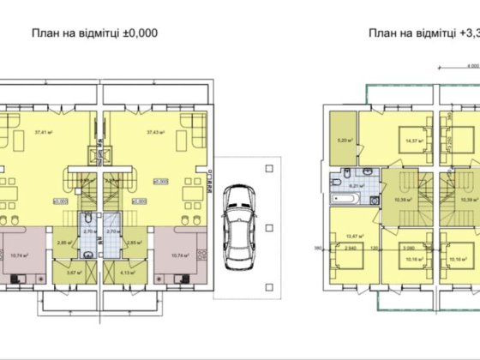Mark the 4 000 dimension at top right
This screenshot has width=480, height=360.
click(x=471, y=65)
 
